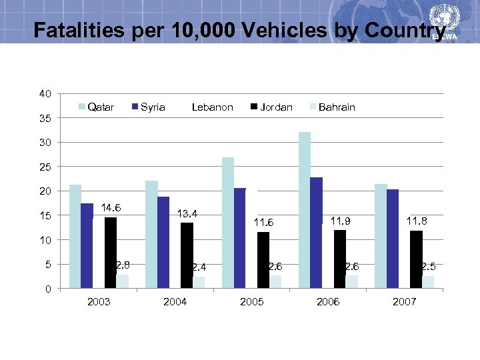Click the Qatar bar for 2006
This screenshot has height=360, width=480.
point(305,210)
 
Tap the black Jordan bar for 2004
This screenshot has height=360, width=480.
point(187,255)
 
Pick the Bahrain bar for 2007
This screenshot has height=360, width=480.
point(427,282)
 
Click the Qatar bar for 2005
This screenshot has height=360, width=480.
point(228,223)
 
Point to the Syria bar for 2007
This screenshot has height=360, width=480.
point(392,239)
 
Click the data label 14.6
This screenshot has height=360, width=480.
point(111,208)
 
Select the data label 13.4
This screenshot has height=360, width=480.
point(187,214)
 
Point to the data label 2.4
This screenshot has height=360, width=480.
point(199,267)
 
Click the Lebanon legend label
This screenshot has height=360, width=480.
point(212,107)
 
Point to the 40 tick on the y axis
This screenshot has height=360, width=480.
point(45,94)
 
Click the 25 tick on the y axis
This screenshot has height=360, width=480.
point(45,167)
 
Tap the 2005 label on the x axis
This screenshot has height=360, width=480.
point(251,302)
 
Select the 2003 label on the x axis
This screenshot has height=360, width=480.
point(99,302)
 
